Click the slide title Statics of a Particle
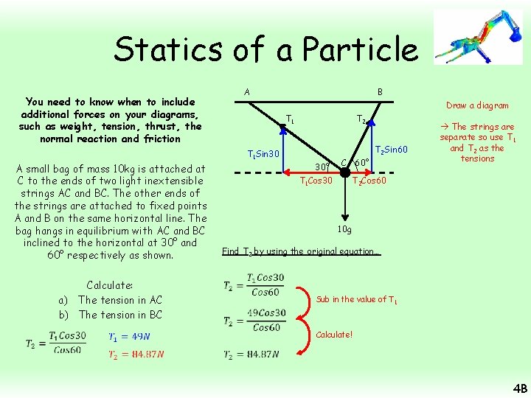265,49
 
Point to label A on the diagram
246,92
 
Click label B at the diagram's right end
380,92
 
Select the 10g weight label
344,229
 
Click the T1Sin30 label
263,154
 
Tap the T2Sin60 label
391,150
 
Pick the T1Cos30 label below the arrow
316,181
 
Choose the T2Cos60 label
371,181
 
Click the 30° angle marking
322,166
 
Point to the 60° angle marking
361,162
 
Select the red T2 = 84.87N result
136,354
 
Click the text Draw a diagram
476,105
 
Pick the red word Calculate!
334,335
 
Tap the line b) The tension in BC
111,315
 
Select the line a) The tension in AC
111,300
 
